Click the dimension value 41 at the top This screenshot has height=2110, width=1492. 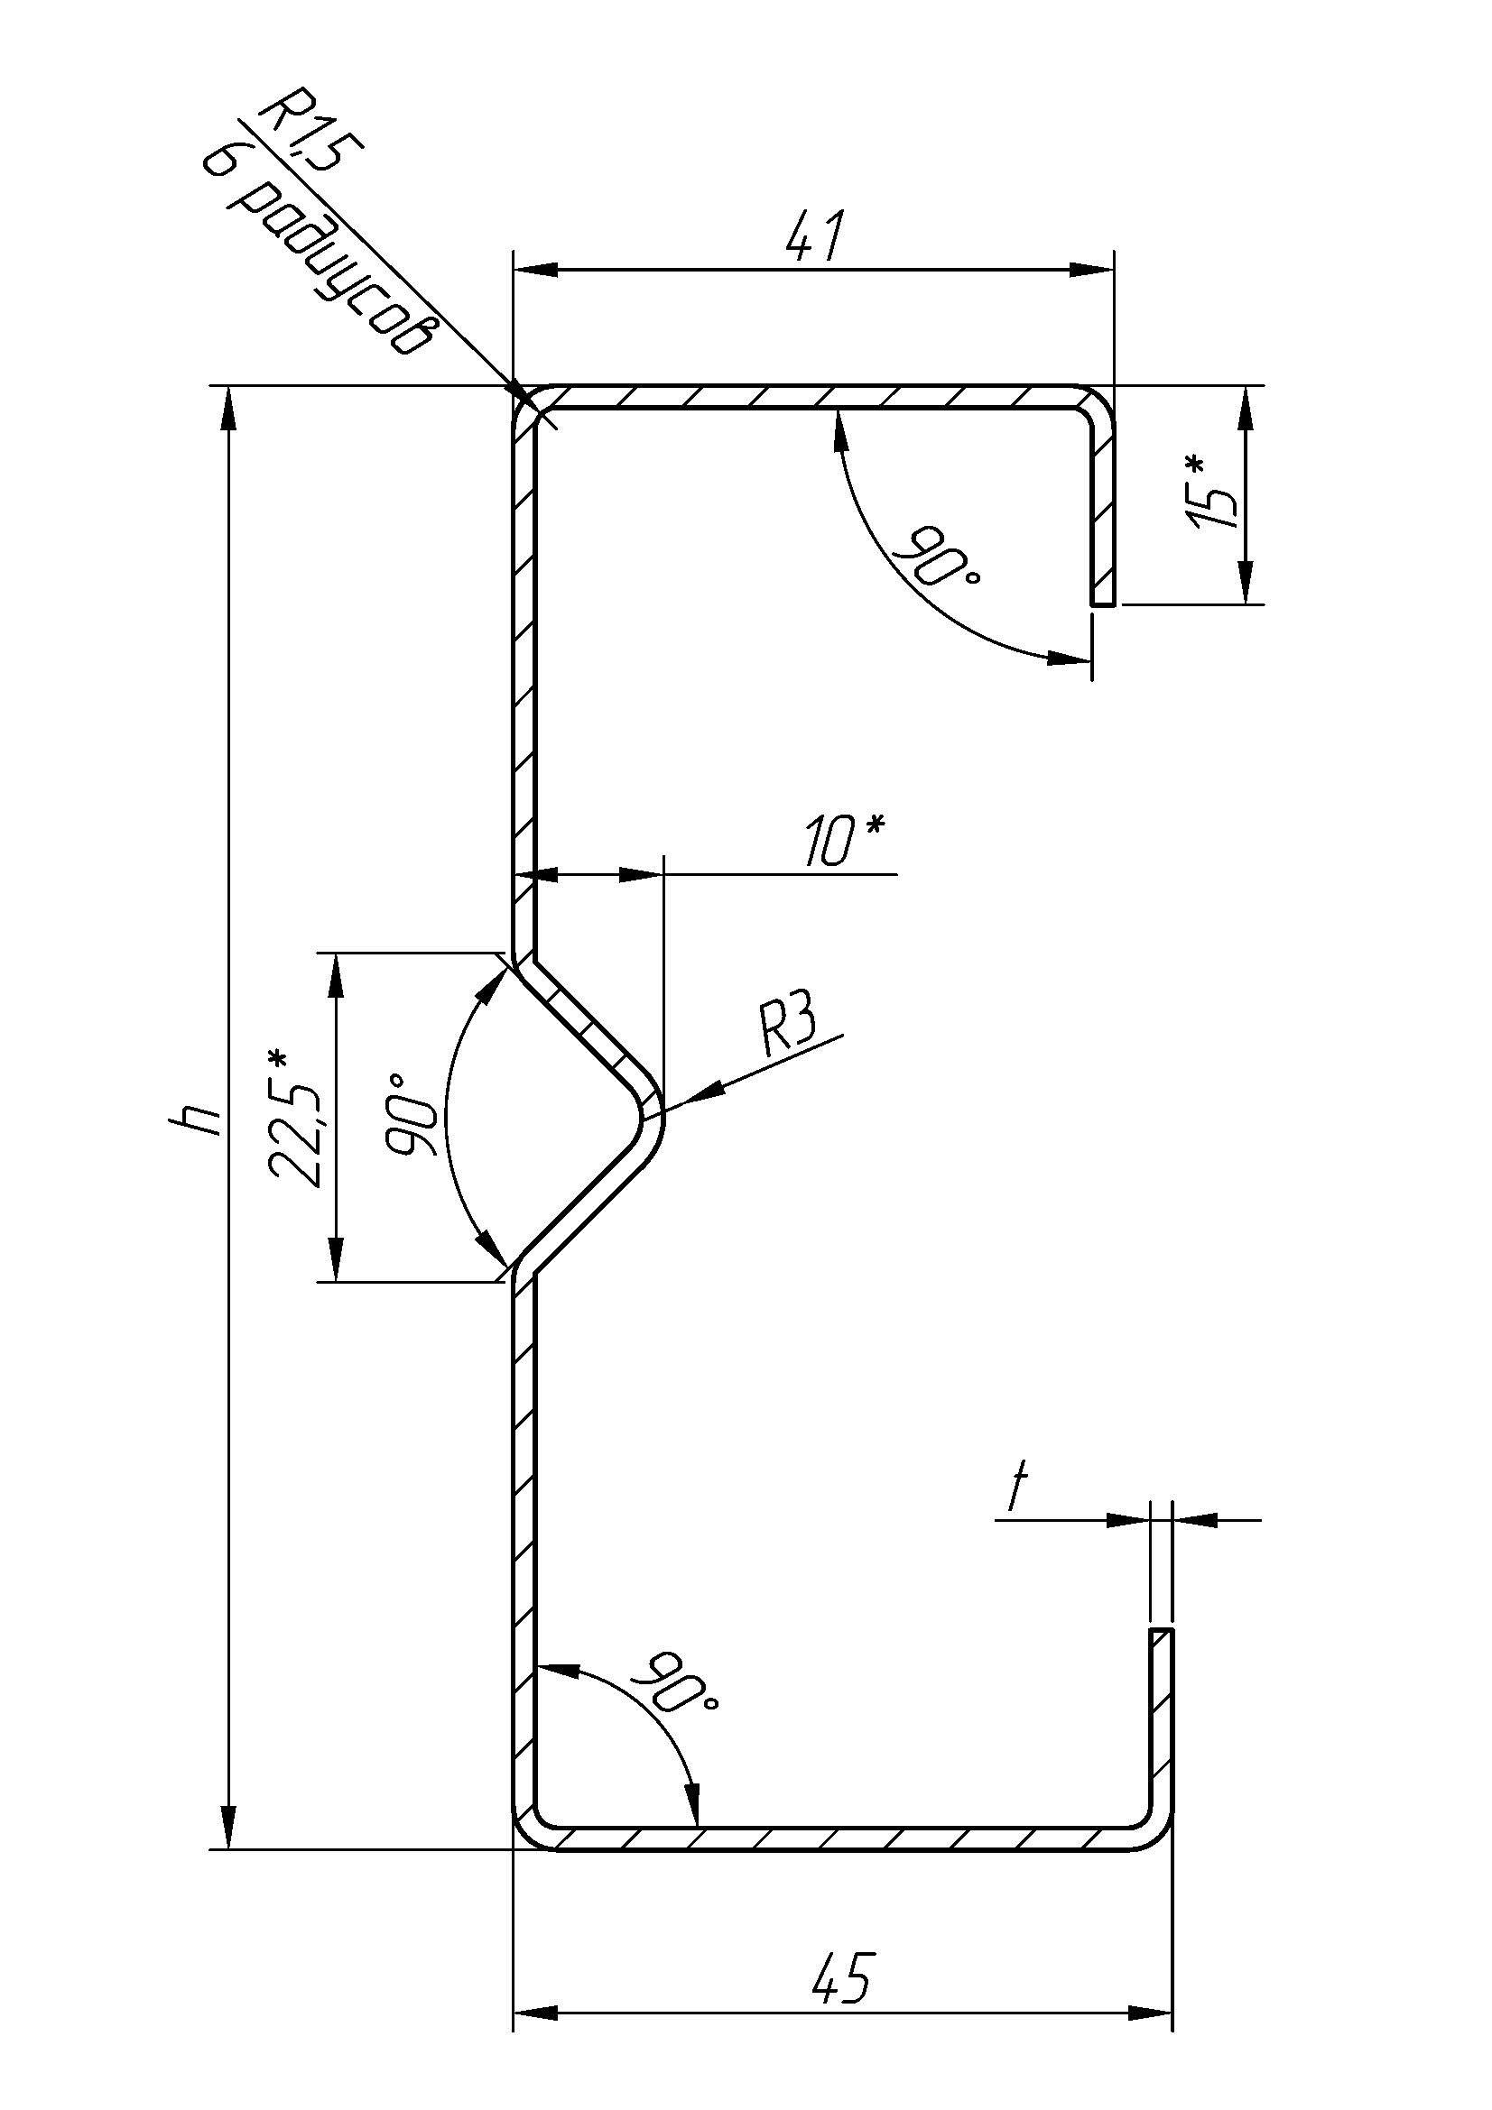[x=813, y=238]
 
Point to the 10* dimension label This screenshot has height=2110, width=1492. [x=842, y=840]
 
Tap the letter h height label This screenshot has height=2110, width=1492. [x=196, y=1118]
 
